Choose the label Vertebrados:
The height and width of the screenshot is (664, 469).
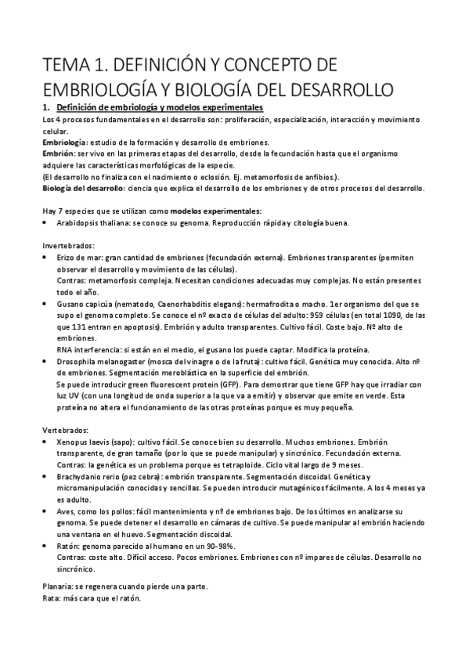(64, 430)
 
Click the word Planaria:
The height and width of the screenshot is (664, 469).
(60, 586)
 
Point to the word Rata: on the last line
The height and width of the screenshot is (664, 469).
(52, 599)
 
